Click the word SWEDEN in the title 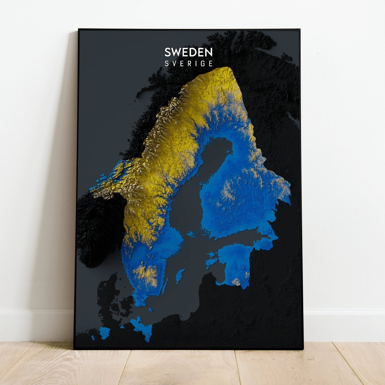point(188,52)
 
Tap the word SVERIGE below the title point(188,64)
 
